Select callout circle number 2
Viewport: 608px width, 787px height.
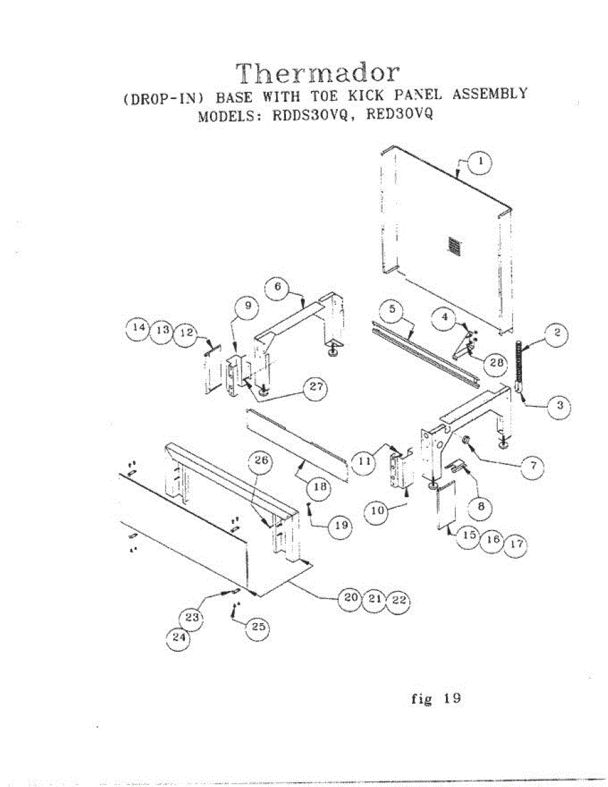pos(556,334)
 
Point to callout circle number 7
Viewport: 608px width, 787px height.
pos(533,466)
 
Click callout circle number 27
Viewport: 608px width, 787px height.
pos(316,387)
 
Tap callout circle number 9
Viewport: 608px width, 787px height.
pos(247,306)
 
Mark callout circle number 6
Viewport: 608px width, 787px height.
pos(277,287)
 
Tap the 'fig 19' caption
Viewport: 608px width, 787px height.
pos(436,699)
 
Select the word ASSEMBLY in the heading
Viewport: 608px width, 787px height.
pos(486,94)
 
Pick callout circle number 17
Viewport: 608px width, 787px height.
pos(517,545)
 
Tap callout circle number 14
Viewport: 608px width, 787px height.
pos(138,330)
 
